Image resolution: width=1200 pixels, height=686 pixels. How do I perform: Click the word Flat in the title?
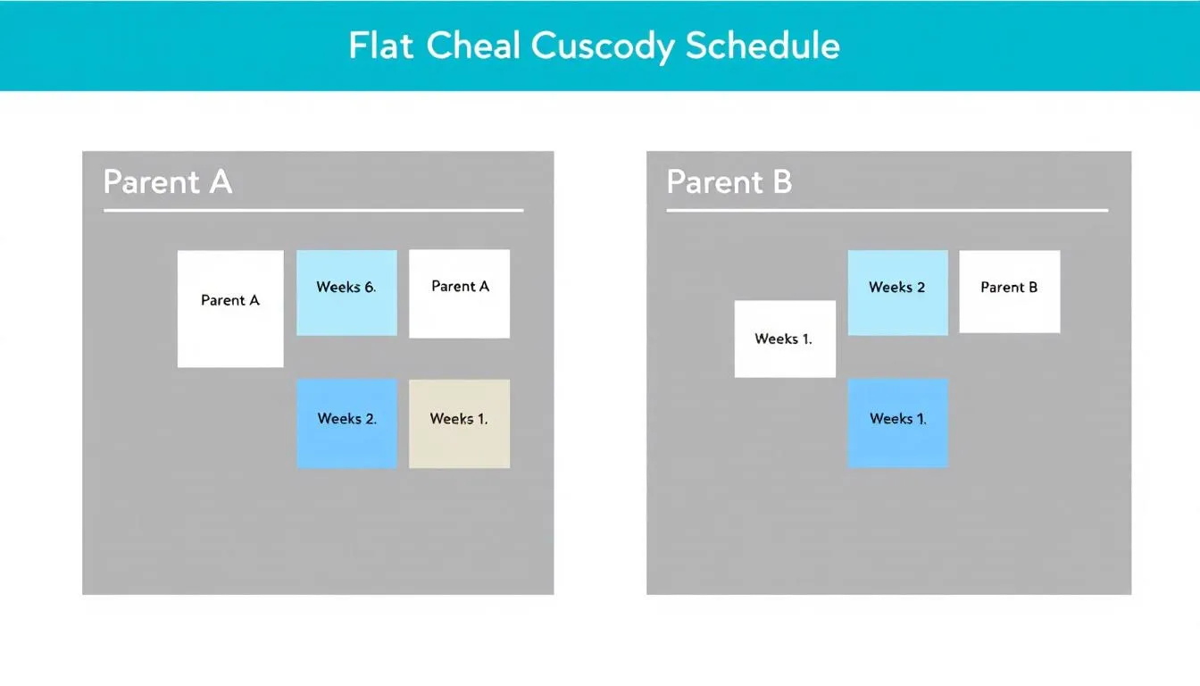coord(382,46)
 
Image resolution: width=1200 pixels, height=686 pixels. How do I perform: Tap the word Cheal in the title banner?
coord(474,46)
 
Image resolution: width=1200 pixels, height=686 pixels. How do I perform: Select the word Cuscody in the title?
coord(604,46)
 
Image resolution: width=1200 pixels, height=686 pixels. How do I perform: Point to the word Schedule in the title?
coord(762,46)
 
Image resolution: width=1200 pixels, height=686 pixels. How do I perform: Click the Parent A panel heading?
coord(168,182)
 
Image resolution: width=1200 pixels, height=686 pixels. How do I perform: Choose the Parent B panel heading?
coord(729,182)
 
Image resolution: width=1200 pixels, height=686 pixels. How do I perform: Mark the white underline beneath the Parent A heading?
coord(312,211)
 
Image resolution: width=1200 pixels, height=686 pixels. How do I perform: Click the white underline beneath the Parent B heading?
coord(887,211)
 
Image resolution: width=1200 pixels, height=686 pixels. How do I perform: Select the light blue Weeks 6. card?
coord(346,293)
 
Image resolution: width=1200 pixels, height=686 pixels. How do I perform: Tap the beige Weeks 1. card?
coord(459,423)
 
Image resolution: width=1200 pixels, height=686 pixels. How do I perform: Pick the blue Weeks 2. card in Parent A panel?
coord(346,423)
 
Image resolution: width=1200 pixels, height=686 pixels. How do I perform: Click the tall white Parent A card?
coord(230,309)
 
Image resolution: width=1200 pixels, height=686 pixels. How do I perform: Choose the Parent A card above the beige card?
coord(459,294)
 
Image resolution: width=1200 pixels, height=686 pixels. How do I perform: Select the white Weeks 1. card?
coord(785,339)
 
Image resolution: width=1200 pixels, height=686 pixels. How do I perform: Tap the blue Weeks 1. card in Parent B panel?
coord(897,423)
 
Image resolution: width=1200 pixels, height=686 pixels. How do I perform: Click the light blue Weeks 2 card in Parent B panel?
coord(897,293)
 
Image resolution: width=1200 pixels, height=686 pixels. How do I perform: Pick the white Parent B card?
coord(1009,292)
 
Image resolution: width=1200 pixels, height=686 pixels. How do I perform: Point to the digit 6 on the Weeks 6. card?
coord(369,287)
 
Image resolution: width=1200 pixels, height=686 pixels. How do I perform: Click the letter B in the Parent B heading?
coord(781,182)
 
